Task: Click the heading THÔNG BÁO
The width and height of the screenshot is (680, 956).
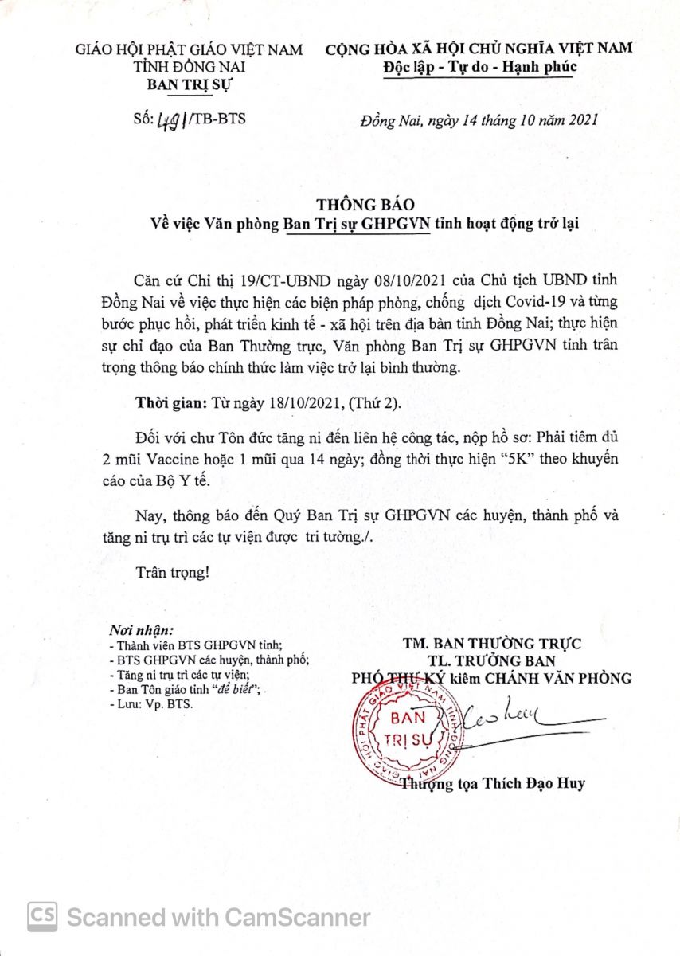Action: (354, 205)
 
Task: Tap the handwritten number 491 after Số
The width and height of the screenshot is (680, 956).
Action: (169, 120)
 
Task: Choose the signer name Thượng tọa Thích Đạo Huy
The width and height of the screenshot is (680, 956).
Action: (494, 783)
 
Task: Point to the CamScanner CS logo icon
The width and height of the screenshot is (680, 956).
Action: (42, 917)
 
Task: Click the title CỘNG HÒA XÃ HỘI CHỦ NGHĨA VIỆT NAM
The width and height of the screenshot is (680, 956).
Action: (479, 49)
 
